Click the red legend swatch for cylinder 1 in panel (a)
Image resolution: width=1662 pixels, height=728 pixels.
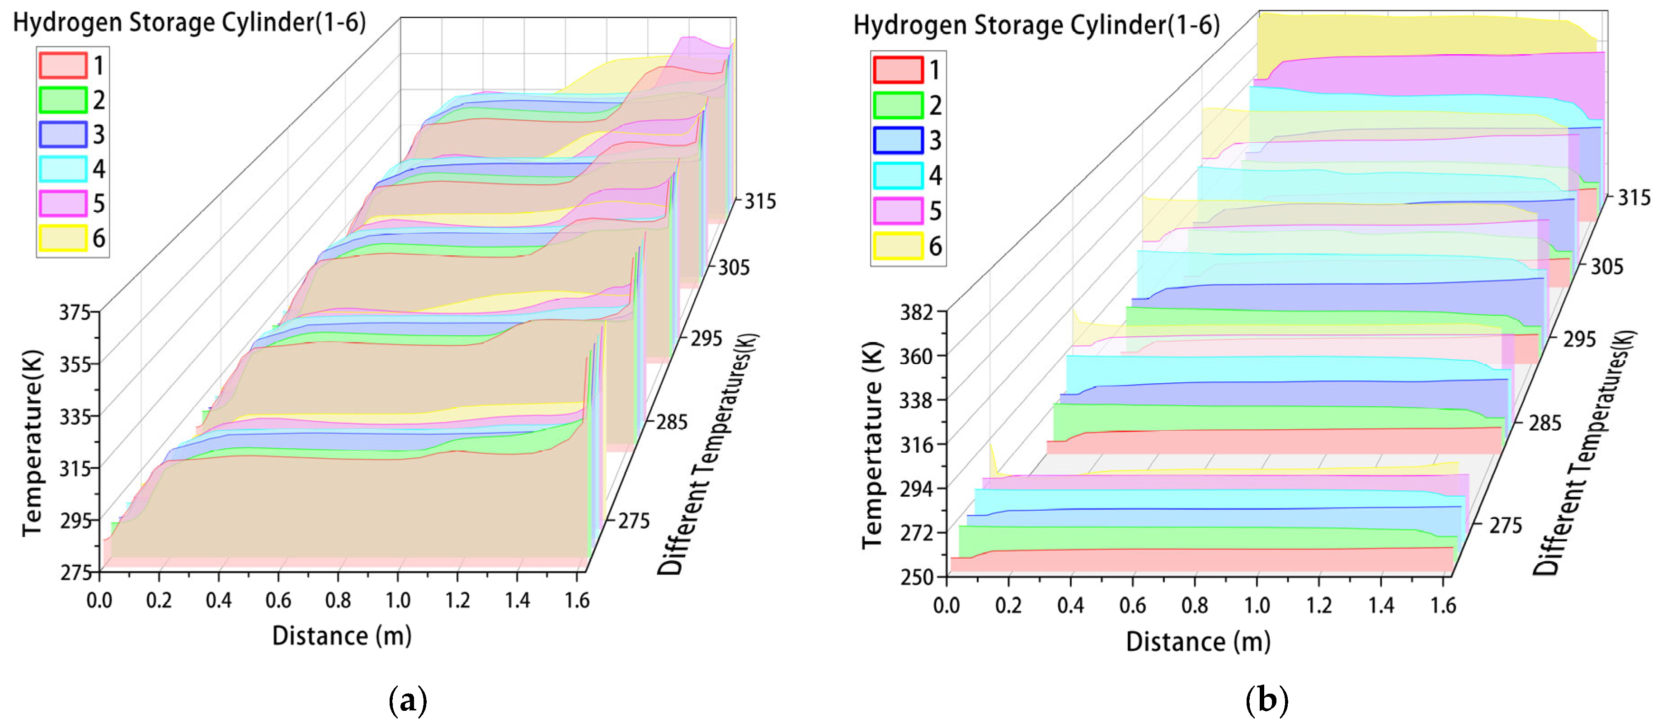click(62, 65)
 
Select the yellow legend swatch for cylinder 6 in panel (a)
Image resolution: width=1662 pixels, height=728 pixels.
click(62, 238)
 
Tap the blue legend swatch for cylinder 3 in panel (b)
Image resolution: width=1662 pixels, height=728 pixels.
click(898, 140)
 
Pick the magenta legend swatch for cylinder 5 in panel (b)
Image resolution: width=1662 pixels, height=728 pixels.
click(898, 211)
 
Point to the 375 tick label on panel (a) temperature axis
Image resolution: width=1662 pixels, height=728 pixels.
click(75, 313)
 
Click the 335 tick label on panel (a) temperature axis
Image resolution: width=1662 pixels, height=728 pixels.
click(75, 417)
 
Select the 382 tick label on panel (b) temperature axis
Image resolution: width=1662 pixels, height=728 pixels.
click(917, 313)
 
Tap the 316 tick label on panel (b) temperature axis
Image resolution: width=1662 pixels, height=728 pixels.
click(917, 445)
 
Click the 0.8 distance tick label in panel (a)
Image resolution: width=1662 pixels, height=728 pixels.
click(338, 601)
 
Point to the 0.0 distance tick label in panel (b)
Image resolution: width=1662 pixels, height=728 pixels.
click(946, 606)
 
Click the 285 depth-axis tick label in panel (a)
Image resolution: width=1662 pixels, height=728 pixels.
click(672, 423)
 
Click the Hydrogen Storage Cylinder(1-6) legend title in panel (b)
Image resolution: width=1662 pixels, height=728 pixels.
click(1036, 26)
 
